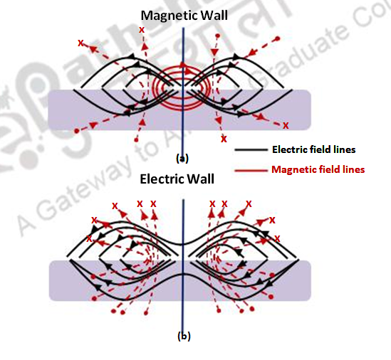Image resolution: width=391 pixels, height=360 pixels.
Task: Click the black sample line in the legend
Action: [x=250, y=151]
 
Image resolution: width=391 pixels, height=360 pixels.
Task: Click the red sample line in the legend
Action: [x=250, y=170]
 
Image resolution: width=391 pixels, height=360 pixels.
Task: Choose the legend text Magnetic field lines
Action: [x=318, y=169]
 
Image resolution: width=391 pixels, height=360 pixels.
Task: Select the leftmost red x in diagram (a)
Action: [x=81, y=43]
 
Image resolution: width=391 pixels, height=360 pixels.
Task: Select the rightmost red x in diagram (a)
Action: [x=286, y=125]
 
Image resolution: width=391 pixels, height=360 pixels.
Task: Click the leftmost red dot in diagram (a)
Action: [x=77, y=131]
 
